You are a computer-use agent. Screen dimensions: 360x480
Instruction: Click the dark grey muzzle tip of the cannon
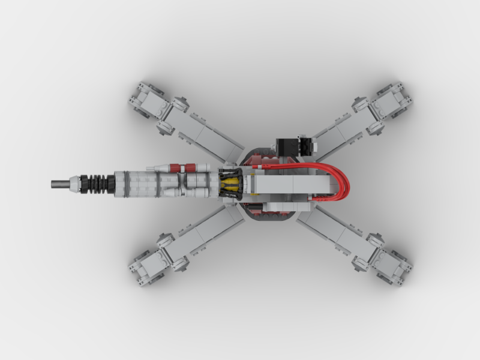pyautogui.click(x=59, y=183)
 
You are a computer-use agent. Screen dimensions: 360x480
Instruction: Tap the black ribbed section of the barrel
pyautogui.click(x=96, y=183)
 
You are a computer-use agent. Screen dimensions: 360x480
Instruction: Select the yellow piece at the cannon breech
pyautogui.click(x=230, y=183)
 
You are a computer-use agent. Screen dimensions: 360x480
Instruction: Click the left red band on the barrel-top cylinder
pyautogui.click(x=175, y=167)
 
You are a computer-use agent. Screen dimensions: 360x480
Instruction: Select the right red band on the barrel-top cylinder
pyautogui.click(x=191, y=167)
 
